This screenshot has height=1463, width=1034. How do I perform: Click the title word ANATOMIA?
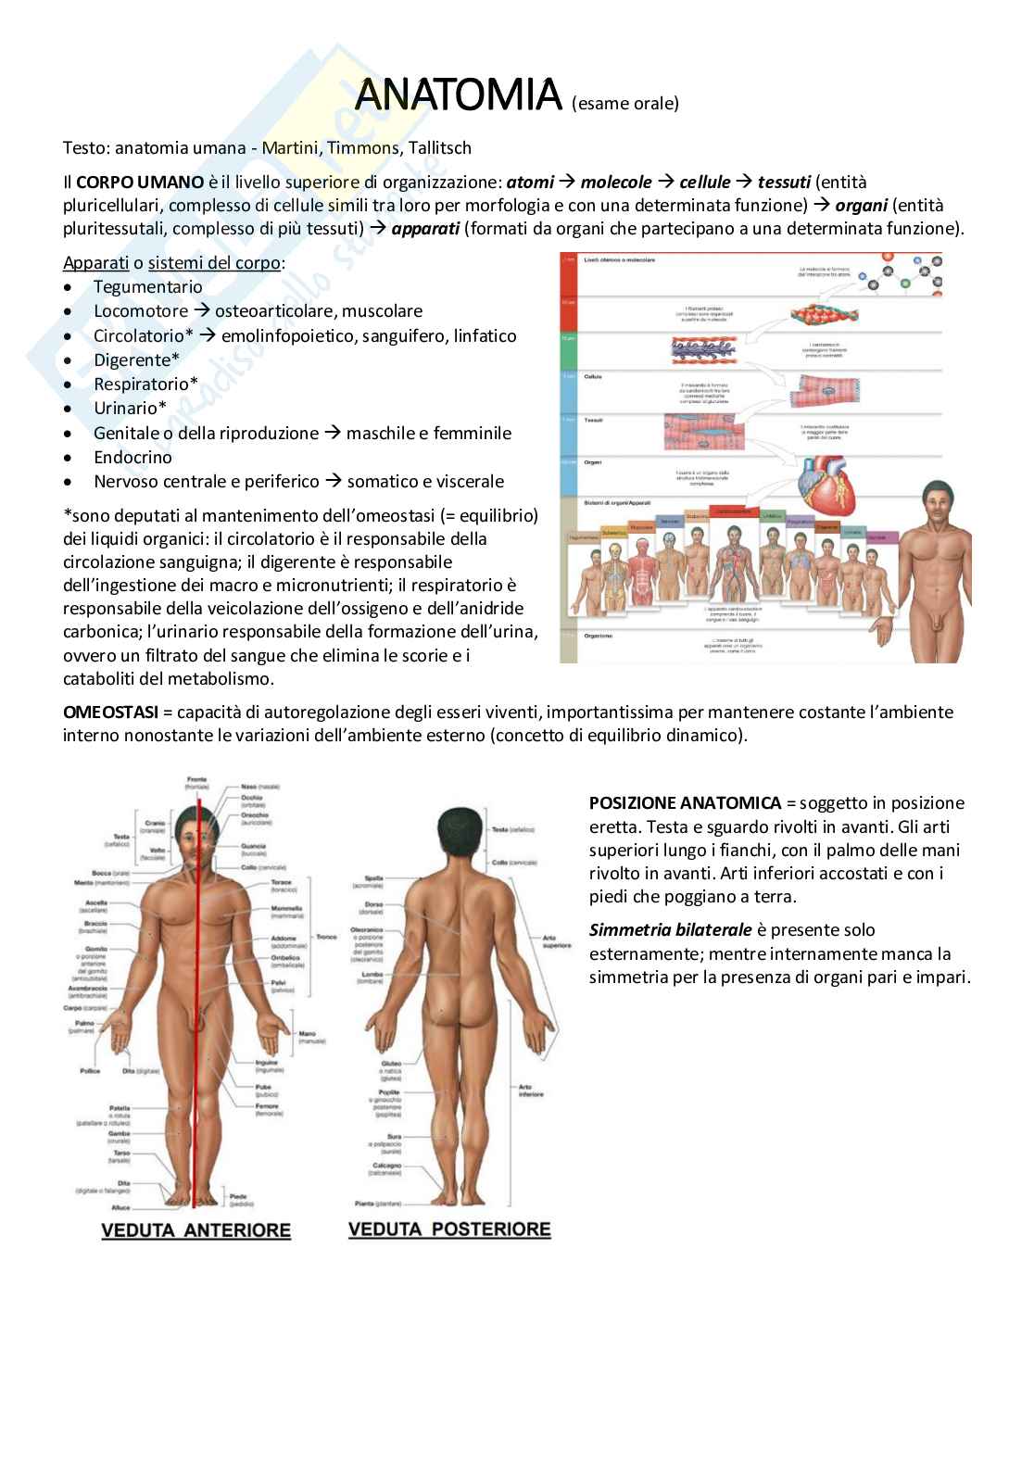[458, 95]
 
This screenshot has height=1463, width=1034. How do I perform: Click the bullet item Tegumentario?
[147, 287]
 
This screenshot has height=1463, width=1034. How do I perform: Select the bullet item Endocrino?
[132, 457]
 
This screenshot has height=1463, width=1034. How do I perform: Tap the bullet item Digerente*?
[136, 359]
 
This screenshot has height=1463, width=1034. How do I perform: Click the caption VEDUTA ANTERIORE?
[195, 1230]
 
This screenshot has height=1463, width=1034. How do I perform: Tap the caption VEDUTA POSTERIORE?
[449, 1230]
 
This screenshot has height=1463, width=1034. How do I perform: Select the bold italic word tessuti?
[786, 182]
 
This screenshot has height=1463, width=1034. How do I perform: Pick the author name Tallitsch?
[437, 147]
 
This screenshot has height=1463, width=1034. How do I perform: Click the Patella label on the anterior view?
[119, 1107]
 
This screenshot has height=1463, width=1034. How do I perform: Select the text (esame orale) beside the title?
[625, 103]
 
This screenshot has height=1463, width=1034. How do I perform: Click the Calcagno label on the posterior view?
[387, 1166]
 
